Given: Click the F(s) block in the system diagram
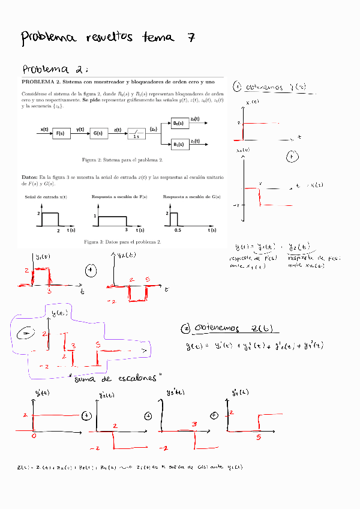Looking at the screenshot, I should coord(61,134).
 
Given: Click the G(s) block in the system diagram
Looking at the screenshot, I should coord(98,134).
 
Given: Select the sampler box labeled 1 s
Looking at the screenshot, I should coord(137,134).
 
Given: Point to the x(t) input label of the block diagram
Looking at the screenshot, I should coord(44,129).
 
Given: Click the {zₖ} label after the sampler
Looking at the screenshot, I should coord(154,129).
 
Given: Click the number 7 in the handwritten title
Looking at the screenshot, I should coord(190,38).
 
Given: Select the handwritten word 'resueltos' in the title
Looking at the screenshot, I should coord(110,38).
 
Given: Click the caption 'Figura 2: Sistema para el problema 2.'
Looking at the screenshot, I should coord(122,160).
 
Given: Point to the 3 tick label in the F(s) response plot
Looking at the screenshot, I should coord(127,230).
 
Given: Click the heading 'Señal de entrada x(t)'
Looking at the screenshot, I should coord(46,196).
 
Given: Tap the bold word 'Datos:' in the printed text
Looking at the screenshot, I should coord(30,178).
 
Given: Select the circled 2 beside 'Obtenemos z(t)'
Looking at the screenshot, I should coord(185,328).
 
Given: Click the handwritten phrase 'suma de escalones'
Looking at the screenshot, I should coord(118,379).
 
